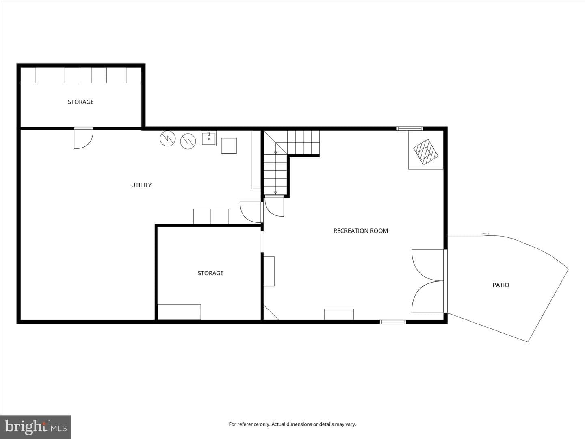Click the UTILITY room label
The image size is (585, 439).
point(141,185)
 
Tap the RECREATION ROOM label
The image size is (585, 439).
point(361,231)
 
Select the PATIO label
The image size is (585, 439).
point(501,285)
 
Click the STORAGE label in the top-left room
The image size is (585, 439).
point(81,102)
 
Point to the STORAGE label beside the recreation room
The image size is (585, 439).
point(210,273)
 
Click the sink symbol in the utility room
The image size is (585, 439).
point(209,139)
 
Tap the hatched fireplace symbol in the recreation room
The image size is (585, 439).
point(426,152)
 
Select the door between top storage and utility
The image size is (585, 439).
point(83,138)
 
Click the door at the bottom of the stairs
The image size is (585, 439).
point(274,206)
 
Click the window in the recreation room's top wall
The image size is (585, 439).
point(409,129)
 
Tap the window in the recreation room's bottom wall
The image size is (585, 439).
point(393,322)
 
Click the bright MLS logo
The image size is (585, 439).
point(36,427)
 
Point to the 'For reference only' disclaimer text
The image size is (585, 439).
point(292,424)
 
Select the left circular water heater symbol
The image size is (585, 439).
point(168,138)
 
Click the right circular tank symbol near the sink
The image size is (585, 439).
point(188,141)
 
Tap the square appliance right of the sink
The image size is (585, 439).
point(229,146)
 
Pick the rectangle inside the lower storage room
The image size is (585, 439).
point(179,312)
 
